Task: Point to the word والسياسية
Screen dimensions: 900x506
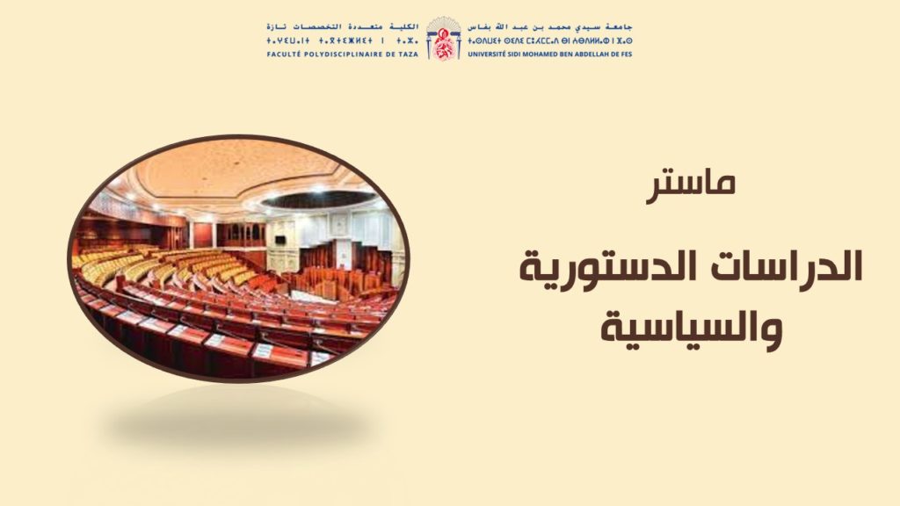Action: (691, 329)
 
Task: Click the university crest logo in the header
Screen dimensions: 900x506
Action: (443, 38)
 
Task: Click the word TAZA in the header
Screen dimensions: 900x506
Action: (409, 54)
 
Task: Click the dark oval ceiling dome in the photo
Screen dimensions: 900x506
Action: (319, 199)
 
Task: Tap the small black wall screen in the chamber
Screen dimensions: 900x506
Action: (280, 240)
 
